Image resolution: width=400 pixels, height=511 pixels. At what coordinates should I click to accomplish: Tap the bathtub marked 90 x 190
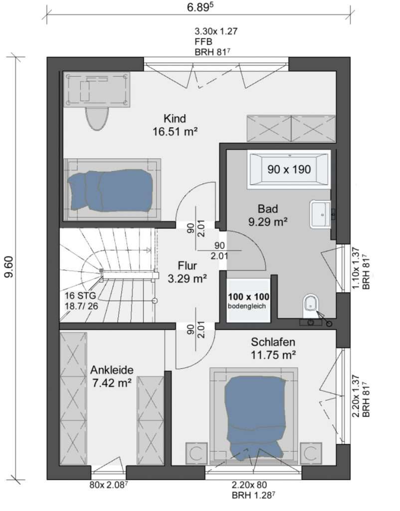pos(289,169)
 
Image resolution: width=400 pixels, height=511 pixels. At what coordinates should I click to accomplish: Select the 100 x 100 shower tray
pos(248,300)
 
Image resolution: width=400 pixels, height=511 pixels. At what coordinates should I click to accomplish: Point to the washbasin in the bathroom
pos(321,215)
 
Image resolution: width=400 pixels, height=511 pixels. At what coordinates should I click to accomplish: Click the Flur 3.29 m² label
pos(188,272)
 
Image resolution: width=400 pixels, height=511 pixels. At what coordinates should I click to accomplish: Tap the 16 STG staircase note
pos(81,301)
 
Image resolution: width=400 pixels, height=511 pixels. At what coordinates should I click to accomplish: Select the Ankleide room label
pos(112,376)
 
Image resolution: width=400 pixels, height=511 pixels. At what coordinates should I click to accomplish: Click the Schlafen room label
pos(273,348)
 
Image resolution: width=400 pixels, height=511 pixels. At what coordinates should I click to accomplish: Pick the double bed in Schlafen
pos(254,416)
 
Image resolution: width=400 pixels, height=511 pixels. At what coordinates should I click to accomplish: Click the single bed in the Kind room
pos(112,189)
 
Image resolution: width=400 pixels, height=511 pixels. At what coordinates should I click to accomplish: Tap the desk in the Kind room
pos(96,89)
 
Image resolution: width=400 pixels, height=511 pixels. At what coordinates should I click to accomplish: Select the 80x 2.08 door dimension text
pos(108,485)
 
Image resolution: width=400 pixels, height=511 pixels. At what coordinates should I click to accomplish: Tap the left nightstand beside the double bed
pos(197,453)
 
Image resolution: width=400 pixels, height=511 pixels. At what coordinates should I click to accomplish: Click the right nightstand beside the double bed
pos(311,453)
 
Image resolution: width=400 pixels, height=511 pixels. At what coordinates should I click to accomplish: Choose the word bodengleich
pos(247,306)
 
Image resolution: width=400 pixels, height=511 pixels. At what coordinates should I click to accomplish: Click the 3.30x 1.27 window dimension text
pos(216,31)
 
